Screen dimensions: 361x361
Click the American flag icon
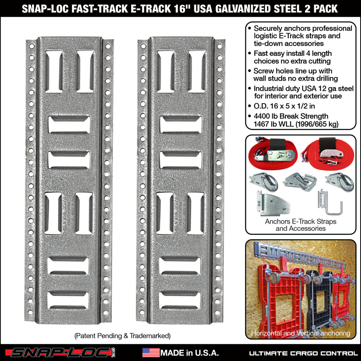pos(151,353)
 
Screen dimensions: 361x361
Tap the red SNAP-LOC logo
pos(62,353)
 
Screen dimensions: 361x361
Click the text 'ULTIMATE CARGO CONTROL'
pos(304,353)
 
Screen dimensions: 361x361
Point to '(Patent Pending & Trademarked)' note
pos(122,336)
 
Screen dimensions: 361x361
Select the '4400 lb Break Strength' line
pos(291,116)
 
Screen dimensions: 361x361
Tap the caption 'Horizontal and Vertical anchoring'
pos(301,333)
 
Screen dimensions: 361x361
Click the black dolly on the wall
pos(319,296)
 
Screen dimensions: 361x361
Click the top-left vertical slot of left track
pos(54,72)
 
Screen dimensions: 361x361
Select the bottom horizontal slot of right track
pos(180,300)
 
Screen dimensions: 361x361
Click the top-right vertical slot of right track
pos(197,72)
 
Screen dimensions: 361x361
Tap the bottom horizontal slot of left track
pos(68,300)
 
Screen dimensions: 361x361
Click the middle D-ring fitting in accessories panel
pos(300,182)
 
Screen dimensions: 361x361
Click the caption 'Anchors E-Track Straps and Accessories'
pos(301,225)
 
